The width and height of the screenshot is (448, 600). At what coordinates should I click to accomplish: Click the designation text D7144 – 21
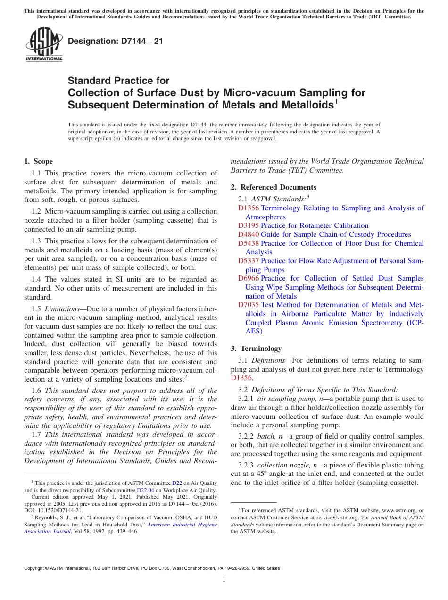tap(116, 41)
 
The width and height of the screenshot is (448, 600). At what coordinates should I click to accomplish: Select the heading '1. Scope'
tap(39, 161)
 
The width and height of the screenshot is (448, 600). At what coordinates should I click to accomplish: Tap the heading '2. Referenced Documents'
tap(274, 187)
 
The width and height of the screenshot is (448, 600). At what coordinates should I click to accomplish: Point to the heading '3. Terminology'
tap(256, 349)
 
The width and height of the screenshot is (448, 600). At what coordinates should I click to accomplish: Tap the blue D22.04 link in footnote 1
tap(144, 490)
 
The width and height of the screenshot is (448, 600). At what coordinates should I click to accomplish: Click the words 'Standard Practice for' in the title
tap(118, 81)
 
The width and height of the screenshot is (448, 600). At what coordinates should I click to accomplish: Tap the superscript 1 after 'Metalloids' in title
tap(336, 101)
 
